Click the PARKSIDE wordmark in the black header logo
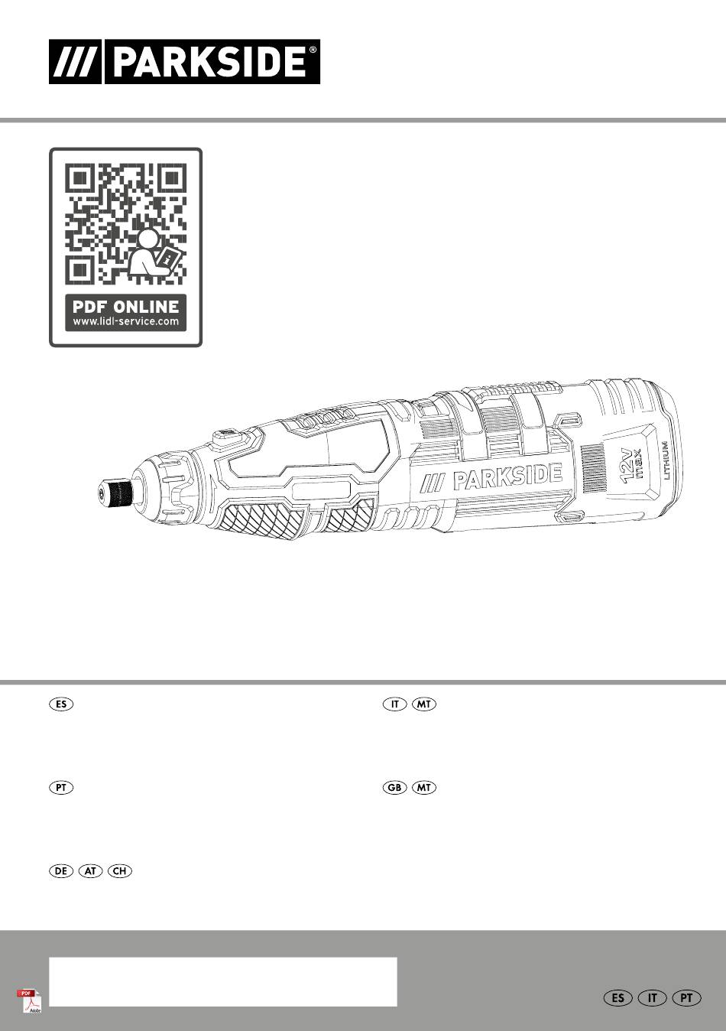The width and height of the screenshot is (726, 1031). click(209, 62)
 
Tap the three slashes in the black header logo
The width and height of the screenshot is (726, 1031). click(75, 62)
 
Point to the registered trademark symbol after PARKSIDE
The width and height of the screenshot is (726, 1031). click(313, 50)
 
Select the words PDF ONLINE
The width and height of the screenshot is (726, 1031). click(125, 307)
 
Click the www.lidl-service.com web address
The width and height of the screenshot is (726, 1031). click(125, 321)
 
